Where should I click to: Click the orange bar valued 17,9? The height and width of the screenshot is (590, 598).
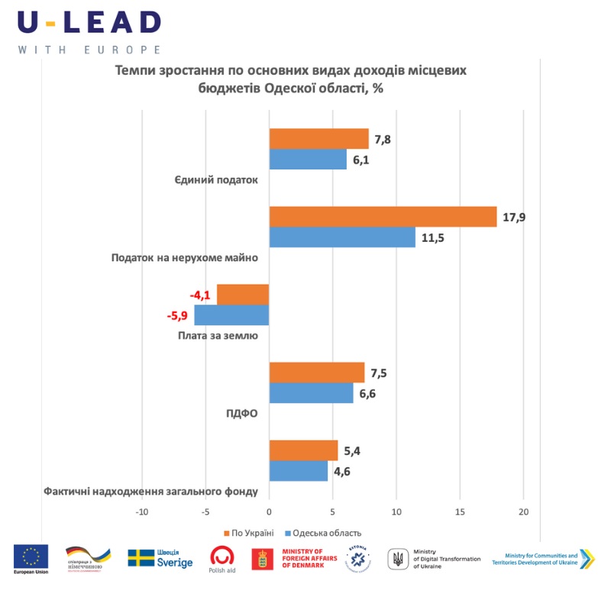coord(383,217)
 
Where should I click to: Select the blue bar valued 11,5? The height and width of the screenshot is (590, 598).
coord(342,237)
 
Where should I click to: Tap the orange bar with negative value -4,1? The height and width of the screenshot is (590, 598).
coord(243,295)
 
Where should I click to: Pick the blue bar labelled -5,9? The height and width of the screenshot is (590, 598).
coord(231,315)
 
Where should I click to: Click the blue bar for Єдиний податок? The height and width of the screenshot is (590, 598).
coord(308,160)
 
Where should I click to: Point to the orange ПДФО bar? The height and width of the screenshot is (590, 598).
coord(317,372)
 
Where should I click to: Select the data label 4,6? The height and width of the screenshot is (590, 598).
coord(341,471)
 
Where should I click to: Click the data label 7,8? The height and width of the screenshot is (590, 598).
coord(382,139)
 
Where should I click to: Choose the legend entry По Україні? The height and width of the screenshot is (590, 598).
coord(248,533)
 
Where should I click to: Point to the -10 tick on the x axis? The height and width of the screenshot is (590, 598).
coord(142,511)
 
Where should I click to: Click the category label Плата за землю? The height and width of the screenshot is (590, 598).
coord(218,335)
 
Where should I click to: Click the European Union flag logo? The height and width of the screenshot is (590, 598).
coord(31,556)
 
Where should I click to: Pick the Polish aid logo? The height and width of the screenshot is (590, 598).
coord(222,558)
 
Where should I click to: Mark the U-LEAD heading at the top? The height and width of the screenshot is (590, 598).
coord(89,22)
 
